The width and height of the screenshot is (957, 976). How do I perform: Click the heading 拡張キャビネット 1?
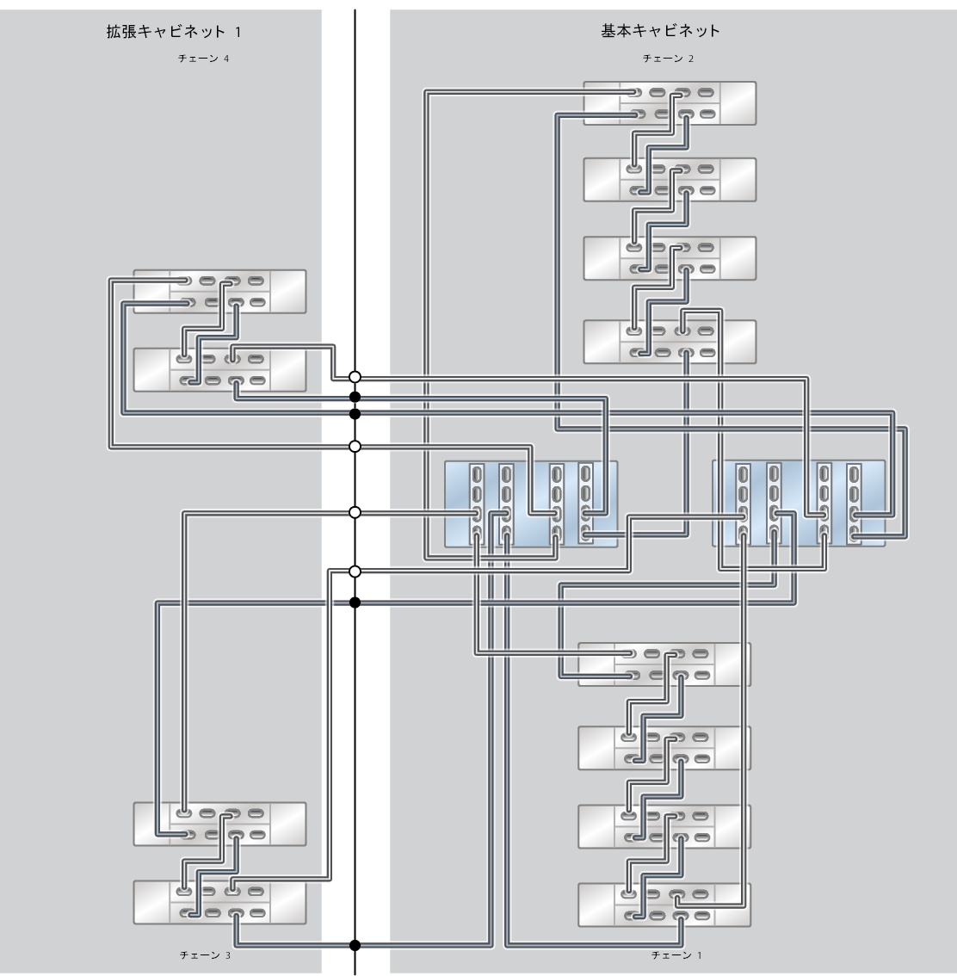[x=173, y=32]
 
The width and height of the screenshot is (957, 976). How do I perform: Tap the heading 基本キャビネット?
[x=660, y=31]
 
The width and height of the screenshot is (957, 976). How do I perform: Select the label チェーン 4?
[x=203, y=59]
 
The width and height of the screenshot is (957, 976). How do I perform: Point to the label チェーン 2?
[x=668, y=59]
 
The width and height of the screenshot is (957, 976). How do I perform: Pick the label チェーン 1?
[x=676, y=955]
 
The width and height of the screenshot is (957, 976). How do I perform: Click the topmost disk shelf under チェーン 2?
[x=670, y=103]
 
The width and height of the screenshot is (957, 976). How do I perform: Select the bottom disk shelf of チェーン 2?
[x=670, y=342]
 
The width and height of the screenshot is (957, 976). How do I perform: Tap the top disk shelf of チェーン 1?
[x=664, y=664]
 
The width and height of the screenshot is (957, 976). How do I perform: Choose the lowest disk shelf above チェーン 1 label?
[x=664, y=905]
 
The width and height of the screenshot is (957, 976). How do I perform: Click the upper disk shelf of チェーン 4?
[x=219, y=291]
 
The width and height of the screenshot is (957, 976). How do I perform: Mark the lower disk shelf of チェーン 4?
[x=219, y=370]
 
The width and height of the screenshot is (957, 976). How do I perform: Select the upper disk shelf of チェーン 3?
[x=219, y=824]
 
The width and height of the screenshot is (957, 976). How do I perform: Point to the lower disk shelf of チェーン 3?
[x=219, y=902]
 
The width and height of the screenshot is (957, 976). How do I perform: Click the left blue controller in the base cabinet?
[x=530, y=503]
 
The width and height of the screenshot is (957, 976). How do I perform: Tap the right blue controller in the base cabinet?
[x=799, y=503]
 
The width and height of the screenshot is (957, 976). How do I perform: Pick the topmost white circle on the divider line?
[x=355, y=377]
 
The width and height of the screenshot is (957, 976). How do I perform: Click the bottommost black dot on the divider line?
[x=355, y=945]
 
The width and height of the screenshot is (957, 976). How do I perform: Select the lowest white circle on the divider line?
[x=355, y=571]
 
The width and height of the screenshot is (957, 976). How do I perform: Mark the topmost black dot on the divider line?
[x=355, y=397]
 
